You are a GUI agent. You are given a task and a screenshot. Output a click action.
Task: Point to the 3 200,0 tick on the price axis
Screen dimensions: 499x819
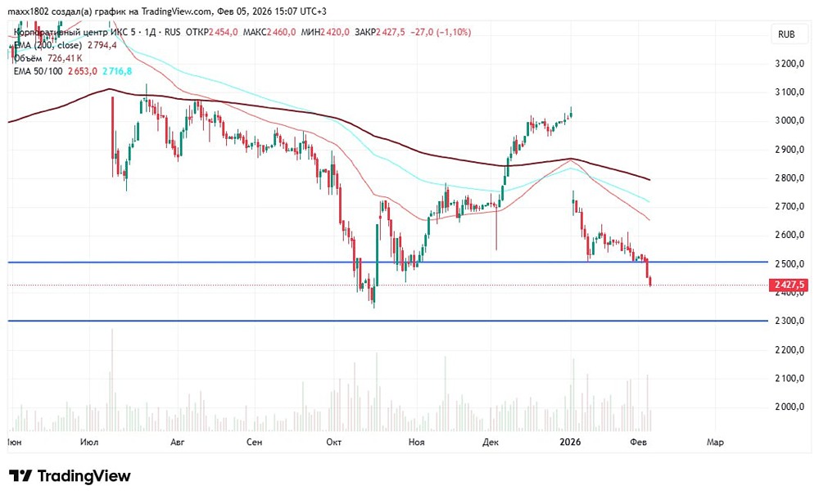tap(790, 64)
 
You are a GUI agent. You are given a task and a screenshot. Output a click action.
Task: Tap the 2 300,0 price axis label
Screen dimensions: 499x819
tap(790, 321)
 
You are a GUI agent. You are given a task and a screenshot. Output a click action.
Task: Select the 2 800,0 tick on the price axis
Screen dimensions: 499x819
tap(790, 178)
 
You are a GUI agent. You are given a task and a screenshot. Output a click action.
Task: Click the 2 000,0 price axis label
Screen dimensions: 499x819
tap(790, 407)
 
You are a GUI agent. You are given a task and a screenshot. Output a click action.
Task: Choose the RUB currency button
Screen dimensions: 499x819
tap(786, 34)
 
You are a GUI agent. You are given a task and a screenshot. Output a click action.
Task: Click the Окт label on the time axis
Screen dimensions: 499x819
tap(333, 442)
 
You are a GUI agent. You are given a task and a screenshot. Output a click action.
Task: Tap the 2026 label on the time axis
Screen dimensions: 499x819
tap(569, 442)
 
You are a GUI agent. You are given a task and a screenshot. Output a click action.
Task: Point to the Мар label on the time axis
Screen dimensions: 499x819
tap(715, 442)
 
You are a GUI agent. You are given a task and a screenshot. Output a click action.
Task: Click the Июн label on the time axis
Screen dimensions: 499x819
tap(14, 442)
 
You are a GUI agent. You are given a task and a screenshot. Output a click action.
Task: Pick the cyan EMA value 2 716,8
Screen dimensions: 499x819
tap(118, 71)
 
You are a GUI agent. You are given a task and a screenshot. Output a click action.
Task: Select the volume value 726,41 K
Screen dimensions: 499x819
tap(66, 58)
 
